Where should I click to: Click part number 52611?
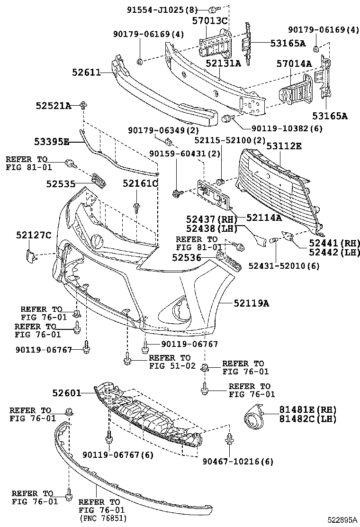[x=86, y=73]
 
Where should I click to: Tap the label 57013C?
[x=210, y=21]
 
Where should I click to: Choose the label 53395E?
[x=52, y=141]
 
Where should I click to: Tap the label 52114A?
[x=264, y=218]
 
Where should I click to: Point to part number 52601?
[x=67, y=393]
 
